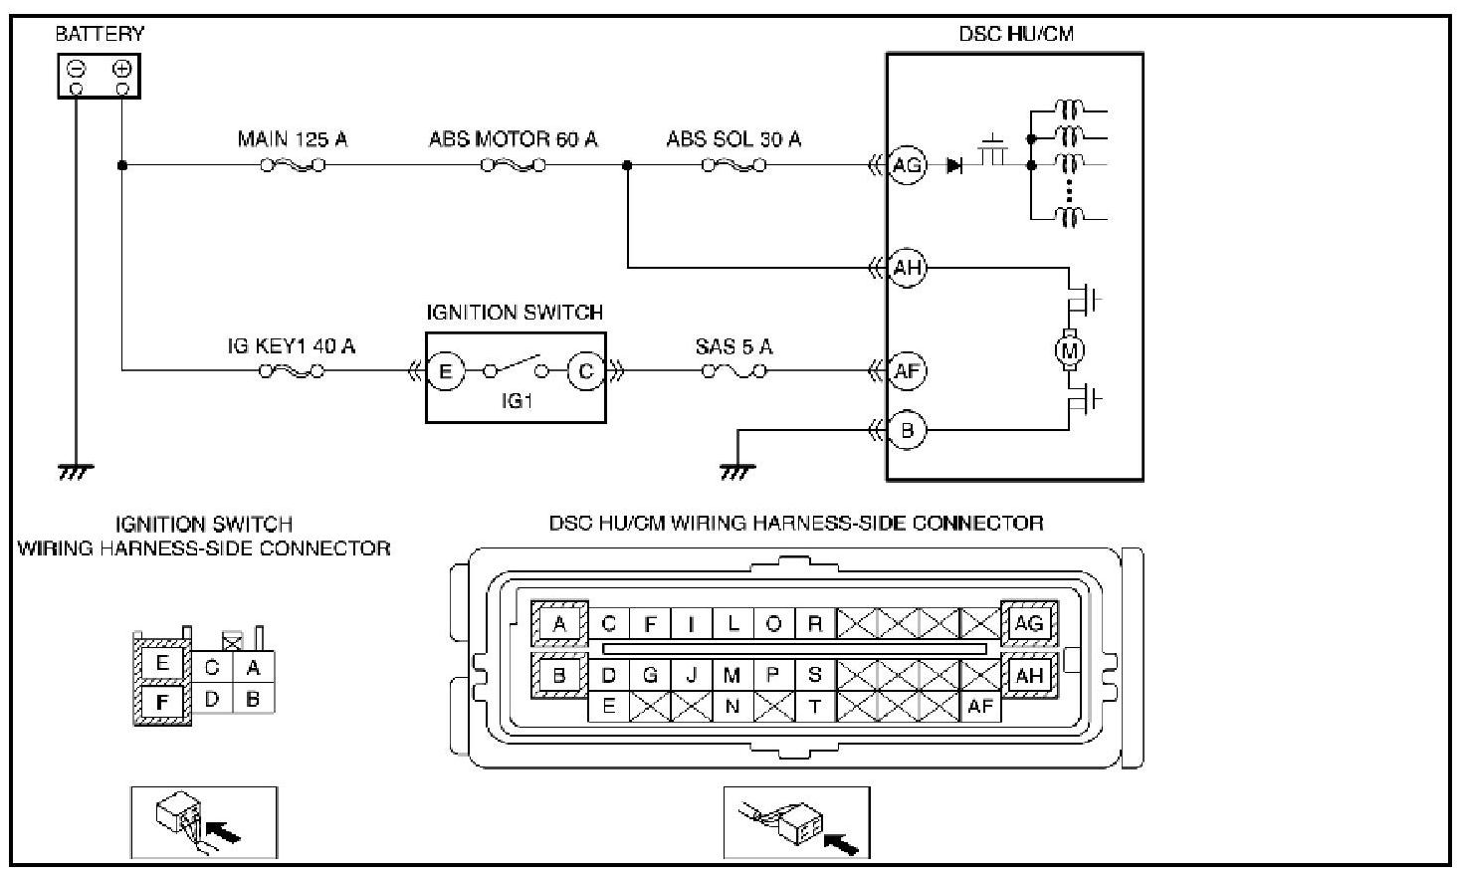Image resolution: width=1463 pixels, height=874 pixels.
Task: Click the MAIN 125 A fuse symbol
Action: (x=293, y=166)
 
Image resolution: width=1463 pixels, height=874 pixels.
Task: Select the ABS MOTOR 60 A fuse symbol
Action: (x=513, y=166)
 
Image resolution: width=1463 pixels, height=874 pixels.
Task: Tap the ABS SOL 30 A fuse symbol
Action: (x=733, y=166)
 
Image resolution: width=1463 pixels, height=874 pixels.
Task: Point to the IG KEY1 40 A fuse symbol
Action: (x=292, y=371)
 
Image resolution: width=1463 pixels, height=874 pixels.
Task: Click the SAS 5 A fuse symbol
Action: (x=733, y=371)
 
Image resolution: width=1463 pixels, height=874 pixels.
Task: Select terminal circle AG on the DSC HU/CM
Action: (x=907, y=165)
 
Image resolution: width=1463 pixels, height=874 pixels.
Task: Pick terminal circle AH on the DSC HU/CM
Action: (x=907, y=268)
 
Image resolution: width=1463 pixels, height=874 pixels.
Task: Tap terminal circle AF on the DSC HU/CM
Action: (x=907, y=371)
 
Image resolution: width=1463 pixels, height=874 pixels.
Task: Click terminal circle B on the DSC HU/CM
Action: (x=907, y=430)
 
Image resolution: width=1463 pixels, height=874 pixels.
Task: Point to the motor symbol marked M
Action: (x=1069, y=350)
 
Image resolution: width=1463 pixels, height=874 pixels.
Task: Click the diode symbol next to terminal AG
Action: (x=954, y=166)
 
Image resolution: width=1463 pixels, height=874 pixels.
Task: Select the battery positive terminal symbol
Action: (x=122, y=69)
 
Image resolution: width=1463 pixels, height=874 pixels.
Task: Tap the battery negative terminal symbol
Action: (x=77, y=69)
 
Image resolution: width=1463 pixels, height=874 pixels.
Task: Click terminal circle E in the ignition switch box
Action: (x=446, y=371)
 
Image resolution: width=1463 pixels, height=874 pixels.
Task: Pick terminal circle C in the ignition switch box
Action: (x=585, y=371)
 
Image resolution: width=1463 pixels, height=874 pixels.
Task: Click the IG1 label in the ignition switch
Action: (x=517, y=401)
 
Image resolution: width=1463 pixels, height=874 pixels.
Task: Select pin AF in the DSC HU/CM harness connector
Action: (x=980, y=706)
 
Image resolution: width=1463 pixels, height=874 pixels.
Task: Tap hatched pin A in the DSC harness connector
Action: (x=559, y=624)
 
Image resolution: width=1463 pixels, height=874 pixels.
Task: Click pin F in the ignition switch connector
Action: (x=162, y=702)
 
